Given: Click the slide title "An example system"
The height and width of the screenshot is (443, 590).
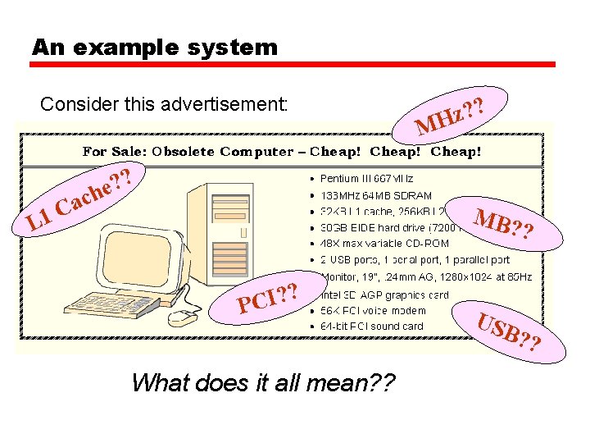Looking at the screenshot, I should pyautogui.click(x=155, y=48).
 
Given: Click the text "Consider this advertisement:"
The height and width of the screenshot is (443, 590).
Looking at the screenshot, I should pyautogui.click(x=164, y=105).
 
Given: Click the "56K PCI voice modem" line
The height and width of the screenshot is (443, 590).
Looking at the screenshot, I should pyautogui.click(x=373, y=310).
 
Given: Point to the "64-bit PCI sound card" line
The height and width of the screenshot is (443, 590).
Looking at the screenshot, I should pyautogui.click(x=372, y=327).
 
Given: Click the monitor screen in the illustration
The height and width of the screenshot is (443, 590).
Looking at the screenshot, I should pyautogui.click(x=142, y=253).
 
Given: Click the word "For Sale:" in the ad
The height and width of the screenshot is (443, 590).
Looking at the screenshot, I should pyautogui.click(x=113, y=152).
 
